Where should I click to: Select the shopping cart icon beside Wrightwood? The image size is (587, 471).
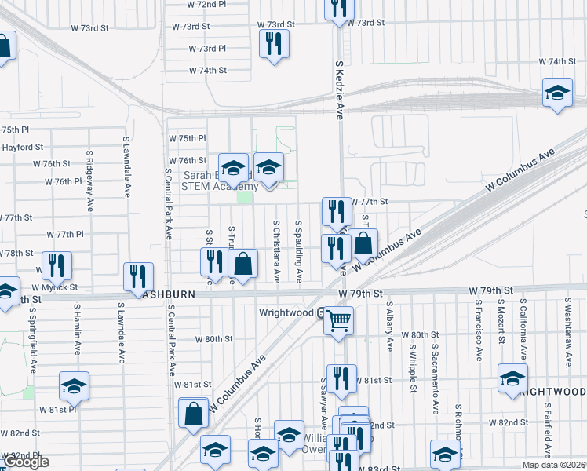tap(338, 319)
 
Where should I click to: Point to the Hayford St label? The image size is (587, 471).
tap(23, 147)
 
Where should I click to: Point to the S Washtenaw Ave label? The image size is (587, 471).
tap(568, 332)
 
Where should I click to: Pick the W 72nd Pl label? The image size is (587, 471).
tap(207, 5)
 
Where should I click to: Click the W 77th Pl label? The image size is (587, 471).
tap(65, 234)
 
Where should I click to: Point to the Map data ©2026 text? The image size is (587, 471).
tap(554, 464)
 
